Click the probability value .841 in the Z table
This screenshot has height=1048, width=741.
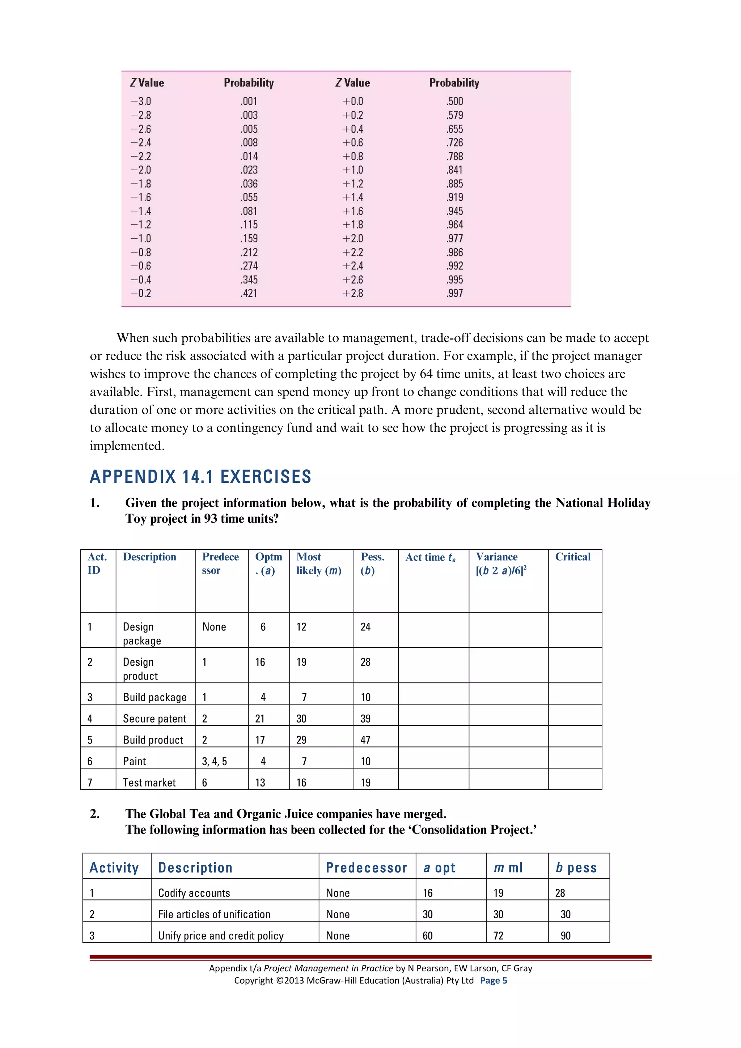(x=454, y=170)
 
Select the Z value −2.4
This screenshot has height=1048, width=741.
(x=141, y=142)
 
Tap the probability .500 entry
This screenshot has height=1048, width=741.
(x=454, y=101)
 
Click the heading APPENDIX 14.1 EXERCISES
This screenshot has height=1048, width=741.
(x=200, y=477)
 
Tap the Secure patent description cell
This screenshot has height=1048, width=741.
(x=154, y=719)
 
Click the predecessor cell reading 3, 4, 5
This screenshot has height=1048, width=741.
(x=214, y=761)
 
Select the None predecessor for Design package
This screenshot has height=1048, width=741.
(x=214, y=627)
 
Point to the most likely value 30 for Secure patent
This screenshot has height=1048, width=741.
(x=301, y=719)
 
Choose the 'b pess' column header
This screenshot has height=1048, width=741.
(x=576, y=867)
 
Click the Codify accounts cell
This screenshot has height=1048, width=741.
(x=194, y=893)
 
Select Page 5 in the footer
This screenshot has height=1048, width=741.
(x=493, y=980)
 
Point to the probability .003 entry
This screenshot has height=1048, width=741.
(x=249, y=115)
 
